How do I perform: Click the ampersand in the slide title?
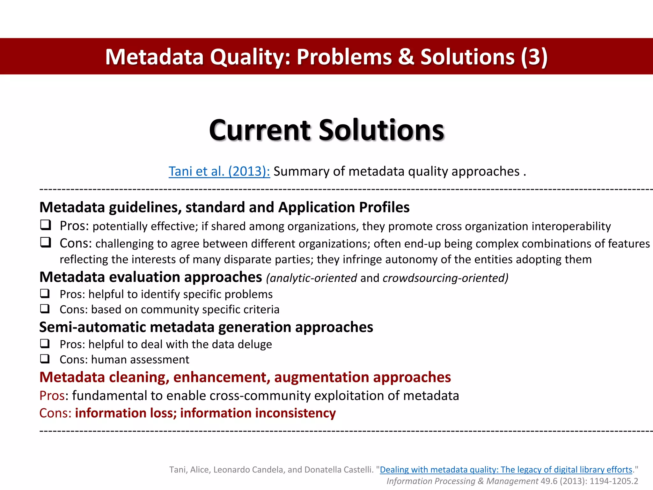coord(406,57)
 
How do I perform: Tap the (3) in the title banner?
coord(534,57)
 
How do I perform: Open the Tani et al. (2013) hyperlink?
coord(219,171)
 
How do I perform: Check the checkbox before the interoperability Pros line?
coord(45,225)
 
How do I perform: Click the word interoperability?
coord(571,226)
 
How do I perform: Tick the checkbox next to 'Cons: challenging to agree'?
coord(45,242)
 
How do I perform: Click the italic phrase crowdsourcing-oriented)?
coord(445,278)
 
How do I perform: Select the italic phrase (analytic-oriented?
coord(312,278)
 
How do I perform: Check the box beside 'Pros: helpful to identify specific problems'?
coord(45,293)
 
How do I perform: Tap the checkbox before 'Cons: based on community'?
coord(45,308)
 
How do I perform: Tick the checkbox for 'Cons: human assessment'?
coord(45,359)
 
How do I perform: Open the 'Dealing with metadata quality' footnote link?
coord(506,470)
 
